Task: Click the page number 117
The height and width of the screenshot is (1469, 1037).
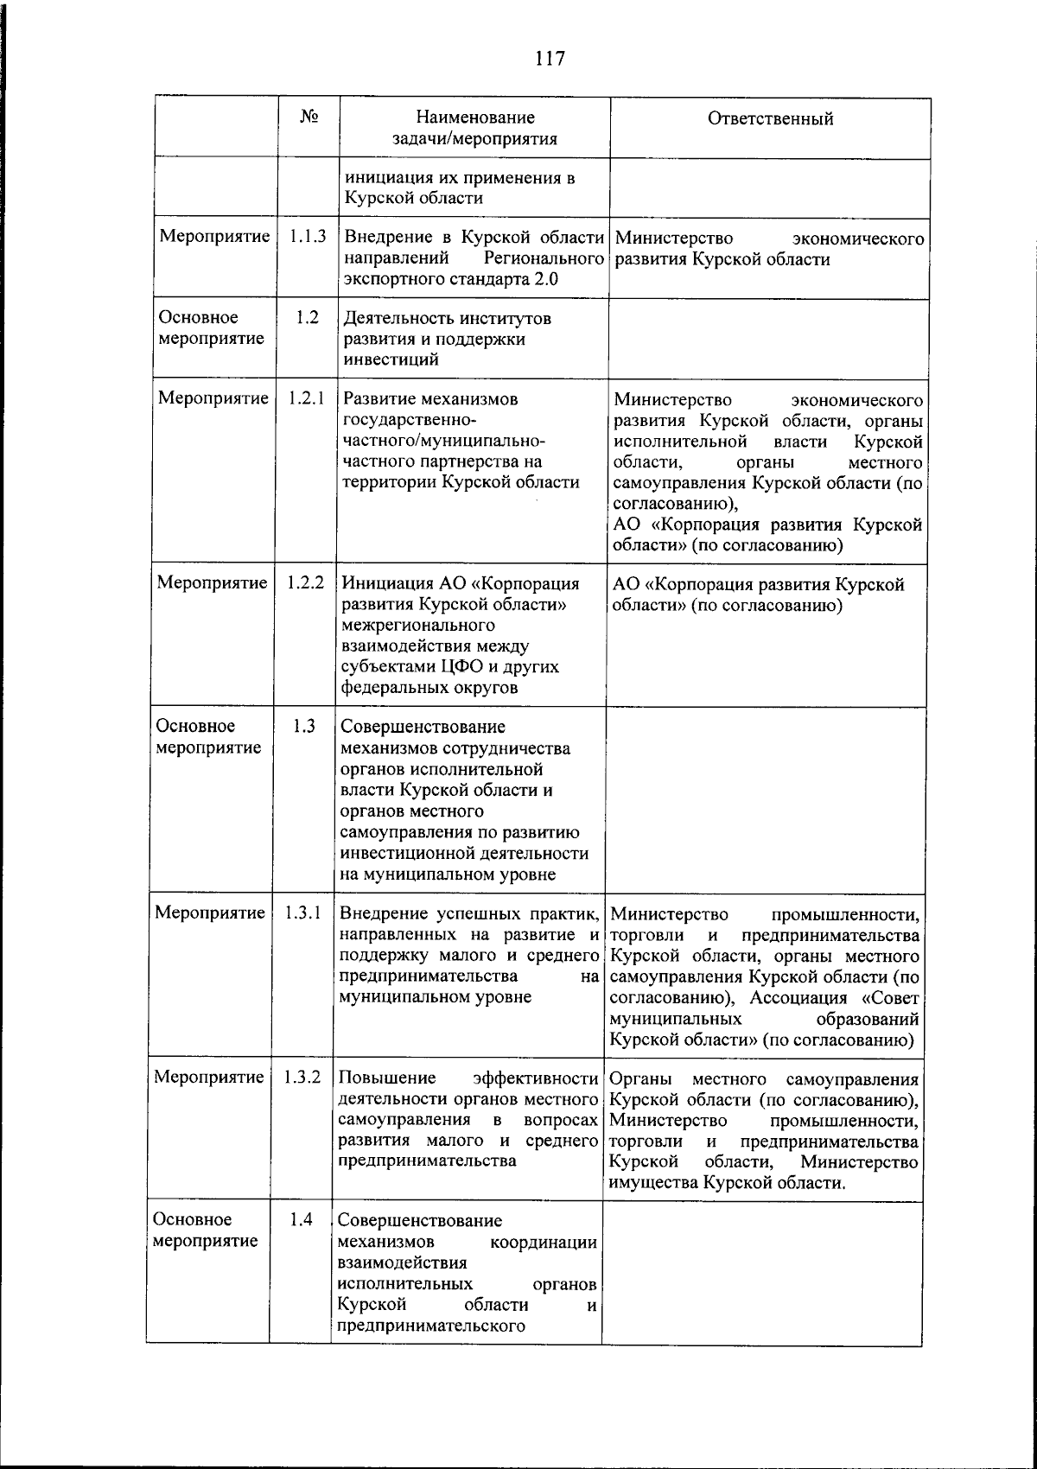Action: point(550,59)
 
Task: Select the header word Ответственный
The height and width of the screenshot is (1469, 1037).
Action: point(770,119)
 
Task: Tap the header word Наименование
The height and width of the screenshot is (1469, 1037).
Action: point(474,118)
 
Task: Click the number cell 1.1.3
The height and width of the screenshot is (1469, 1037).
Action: point(308,236)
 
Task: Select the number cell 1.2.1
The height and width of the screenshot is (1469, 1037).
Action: point(307,398)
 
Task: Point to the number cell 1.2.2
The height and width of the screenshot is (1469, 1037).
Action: point(306,583)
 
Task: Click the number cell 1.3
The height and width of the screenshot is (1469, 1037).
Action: point(303,726)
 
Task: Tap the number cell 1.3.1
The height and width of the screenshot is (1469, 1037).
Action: point(302,913)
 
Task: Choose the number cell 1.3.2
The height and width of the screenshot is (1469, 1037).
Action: point(302,1078)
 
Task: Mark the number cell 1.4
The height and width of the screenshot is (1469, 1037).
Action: point(301,1220)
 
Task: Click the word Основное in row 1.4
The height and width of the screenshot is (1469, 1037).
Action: point(193,1220)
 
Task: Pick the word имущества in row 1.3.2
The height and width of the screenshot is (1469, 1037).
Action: point(653,1184)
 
